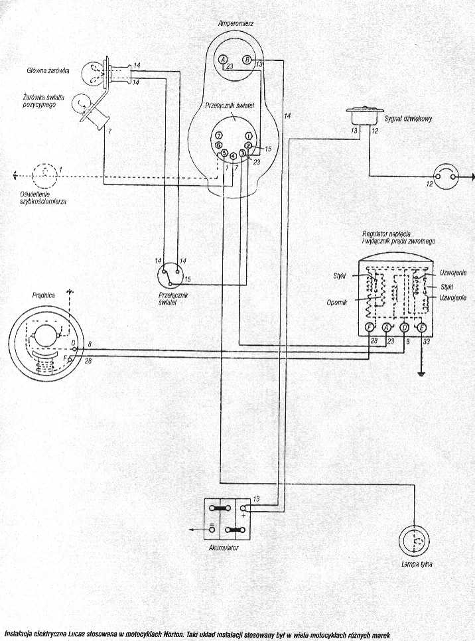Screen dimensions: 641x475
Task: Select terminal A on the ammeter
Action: [x=224, y=60]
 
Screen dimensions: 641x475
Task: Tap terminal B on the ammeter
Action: [x=247, y=60]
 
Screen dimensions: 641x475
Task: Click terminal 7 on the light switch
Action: [x=218, y=135]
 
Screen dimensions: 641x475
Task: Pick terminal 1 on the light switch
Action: [x=247, y=136]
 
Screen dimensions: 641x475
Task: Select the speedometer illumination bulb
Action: [x=44, y=175]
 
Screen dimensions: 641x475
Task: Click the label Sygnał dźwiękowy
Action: [x=409, y=119]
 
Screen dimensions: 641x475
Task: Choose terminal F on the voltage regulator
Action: [x=369, y=328]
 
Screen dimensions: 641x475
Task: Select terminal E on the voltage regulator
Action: [x=421, y=328]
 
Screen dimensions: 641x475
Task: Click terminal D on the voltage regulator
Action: [x=404, y=328]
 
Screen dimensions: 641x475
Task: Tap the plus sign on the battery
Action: [x=243, y=514]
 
